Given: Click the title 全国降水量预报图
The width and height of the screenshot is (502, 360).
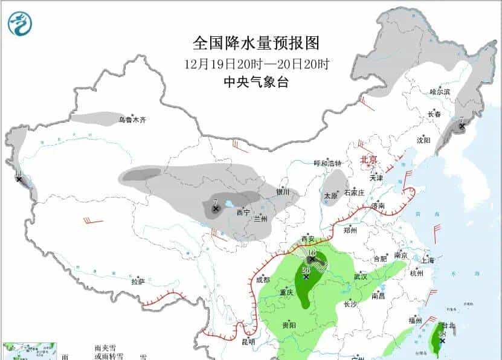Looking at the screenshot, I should click(255, 43).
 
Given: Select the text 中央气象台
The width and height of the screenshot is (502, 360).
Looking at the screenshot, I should click(256, 83).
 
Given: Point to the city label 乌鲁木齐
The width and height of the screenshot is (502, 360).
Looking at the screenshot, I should click(132, 120).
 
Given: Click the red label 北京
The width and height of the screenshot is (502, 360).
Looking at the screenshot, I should click(368, 159).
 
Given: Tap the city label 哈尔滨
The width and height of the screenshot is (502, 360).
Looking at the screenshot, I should click(440, 92).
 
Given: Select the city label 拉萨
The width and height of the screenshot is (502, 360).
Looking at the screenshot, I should click(138, 281).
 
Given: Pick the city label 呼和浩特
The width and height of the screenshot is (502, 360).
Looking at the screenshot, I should click(327, 163).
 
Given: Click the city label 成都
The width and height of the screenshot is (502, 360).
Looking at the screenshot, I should click(262, 280).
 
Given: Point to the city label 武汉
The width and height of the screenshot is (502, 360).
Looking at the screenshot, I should click(361, 277).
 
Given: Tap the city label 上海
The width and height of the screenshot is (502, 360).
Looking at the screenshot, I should click(428, 261).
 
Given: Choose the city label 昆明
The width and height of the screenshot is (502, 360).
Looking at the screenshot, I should click(248, 342).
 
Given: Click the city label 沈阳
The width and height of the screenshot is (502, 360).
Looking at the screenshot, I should click(423, 140).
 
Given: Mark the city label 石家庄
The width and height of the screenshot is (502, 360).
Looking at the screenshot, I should click(354, 193).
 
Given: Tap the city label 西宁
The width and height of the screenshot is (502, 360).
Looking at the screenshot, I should click(243, 212).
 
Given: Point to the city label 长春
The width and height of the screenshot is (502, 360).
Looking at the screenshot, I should click(434, 114).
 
